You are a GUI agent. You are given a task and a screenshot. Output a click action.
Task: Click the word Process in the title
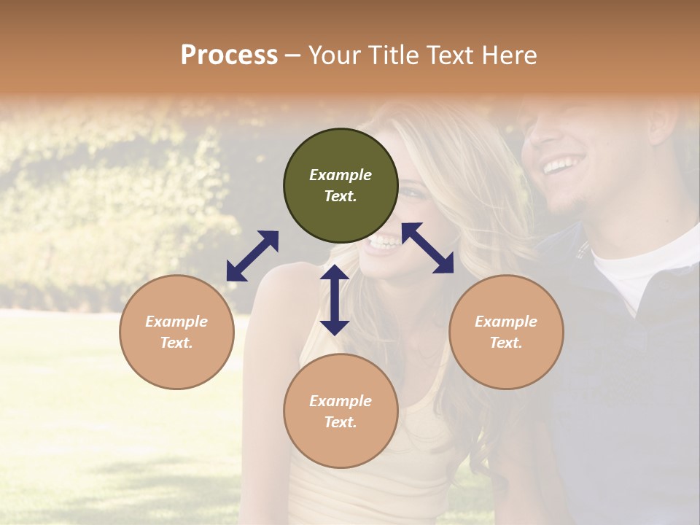click(229, 55)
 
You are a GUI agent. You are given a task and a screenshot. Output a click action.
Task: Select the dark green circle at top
click(341, 185)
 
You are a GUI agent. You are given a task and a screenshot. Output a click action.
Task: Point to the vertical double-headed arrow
click(335, 300)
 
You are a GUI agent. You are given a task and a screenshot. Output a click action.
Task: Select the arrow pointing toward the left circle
click(252, 256)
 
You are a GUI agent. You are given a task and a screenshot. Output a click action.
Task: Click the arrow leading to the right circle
click(428, 248)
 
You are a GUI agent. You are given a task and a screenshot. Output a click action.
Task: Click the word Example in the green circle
click(341, 175)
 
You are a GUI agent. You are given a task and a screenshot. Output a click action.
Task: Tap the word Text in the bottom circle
click(341, 422)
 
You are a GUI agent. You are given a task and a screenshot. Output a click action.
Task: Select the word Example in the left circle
click(176, 322)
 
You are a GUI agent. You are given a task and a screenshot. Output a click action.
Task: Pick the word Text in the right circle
click(506, 343)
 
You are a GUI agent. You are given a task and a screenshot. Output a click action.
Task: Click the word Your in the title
click(332, 55)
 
